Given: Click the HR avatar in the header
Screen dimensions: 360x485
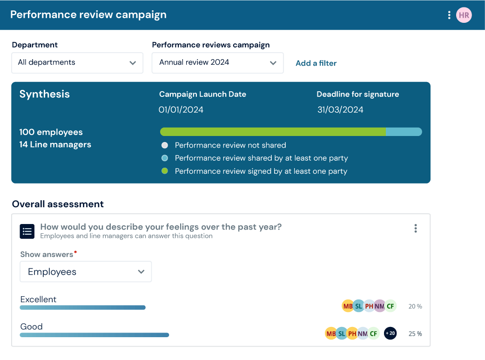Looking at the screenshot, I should tap(464, 15).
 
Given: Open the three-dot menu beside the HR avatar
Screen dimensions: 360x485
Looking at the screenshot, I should tap(449, 15).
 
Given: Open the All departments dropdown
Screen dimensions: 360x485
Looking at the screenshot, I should tap(77, 62).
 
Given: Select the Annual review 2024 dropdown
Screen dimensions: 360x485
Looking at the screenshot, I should tap(217, 62).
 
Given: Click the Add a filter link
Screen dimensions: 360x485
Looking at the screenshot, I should tap(316, 63).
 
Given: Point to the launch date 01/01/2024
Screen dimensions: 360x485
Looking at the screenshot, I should tap(181, 110).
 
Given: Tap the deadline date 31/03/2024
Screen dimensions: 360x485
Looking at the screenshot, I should tap(340, 110).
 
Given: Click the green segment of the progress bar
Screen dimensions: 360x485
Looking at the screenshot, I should tap(273, 132).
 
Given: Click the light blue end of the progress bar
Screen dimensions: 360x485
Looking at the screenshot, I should tap(404, 132).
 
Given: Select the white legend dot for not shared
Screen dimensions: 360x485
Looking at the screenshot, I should tap(164, 145).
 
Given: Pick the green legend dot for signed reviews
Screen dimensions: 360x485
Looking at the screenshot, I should tap(164, 171).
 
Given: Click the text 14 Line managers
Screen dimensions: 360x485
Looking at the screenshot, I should tap(55, 145).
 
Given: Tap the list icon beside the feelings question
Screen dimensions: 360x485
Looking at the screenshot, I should tap(27, 231).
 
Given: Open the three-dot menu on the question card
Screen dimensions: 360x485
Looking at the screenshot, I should tap(415, 228).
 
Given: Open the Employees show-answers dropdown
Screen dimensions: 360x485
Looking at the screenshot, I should tap(86, 272).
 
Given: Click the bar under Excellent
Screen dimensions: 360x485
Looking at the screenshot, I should tap(83, 307).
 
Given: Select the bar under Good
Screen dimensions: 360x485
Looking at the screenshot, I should tap(94, 334).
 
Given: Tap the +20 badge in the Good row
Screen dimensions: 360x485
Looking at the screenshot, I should tap(390, 333).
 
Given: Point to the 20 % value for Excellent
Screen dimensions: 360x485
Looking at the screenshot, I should tap(415, 306).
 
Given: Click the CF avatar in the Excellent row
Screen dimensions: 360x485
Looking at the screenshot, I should tap(390, 306).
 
